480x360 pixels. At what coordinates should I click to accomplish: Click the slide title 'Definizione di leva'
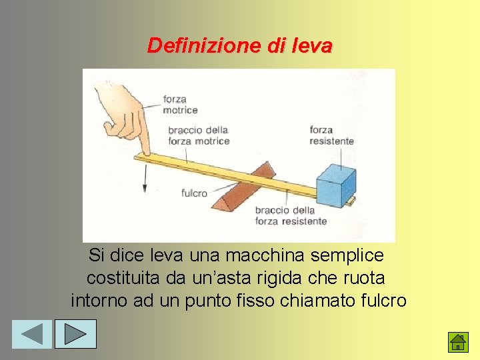pyautogui.click(x=239, y=46)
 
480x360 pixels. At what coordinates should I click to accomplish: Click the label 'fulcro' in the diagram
pyautogui.click(x=194, y=193)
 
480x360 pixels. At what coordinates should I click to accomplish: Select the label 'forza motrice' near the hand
pyautogui.click(x=180, y=105)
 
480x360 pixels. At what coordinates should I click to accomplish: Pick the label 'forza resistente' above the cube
pyautogui.click(x=331, y=135)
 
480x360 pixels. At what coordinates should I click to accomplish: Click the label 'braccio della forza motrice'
pyautogui.click(x=199, y=135)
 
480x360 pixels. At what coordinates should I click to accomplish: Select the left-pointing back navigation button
pyautogui.click(x=31, y=334)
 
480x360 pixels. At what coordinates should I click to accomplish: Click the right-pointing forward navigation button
pyautogui.click(x=75, y=334)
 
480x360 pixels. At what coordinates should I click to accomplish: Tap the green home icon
pyautogui.click(x=457, y=342)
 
